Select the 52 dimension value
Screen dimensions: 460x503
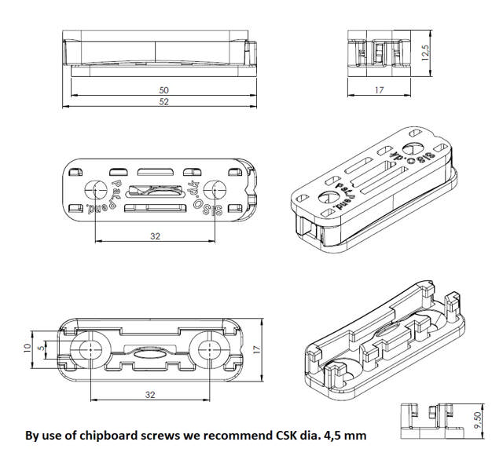pyautogui.click(x=163, y=103)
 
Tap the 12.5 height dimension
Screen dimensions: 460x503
pyautogui.click(x=425, y=52)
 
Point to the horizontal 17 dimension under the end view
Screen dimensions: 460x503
pyautogui.click(x=379, y=91)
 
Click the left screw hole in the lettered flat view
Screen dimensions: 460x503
pyautogui.click(x=95, y=190)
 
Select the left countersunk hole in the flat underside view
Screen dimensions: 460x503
pyautogui.click(x=90, y=349)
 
